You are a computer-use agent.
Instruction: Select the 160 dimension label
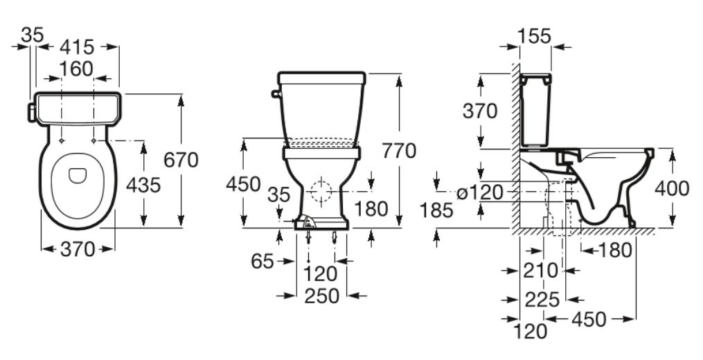click(77, 69)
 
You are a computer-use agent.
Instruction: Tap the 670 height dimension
click(181, 160)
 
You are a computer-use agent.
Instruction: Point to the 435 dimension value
click(143, 185)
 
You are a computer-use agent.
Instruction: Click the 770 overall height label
click(399, 151)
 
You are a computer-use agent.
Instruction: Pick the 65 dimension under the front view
click(262, 261)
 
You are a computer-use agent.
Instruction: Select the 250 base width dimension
click(322, 296)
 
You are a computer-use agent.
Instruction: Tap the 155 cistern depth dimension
click(535, 36)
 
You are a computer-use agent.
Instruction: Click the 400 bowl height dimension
click(672, 188)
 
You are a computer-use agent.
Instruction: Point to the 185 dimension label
click(436, 210)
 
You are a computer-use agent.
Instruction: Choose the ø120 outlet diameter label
click(480, 192)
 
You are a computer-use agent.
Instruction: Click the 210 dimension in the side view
click(541, 270)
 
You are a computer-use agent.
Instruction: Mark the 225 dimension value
click(542, 300)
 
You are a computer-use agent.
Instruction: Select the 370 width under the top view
click(78, 249)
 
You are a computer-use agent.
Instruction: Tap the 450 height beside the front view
click(243, 184)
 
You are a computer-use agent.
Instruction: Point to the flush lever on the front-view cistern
click(275, 93)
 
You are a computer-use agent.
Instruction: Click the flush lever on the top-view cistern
click(31, 112)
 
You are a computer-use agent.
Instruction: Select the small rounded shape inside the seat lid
click(78, 175)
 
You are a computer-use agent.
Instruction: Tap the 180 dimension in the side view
click(614, 250)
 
